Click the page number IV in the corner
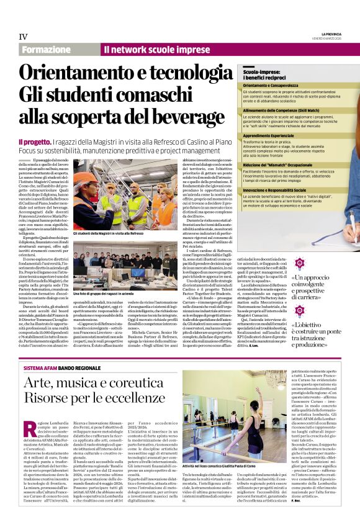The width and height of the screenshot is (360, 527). coord(23,37)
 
